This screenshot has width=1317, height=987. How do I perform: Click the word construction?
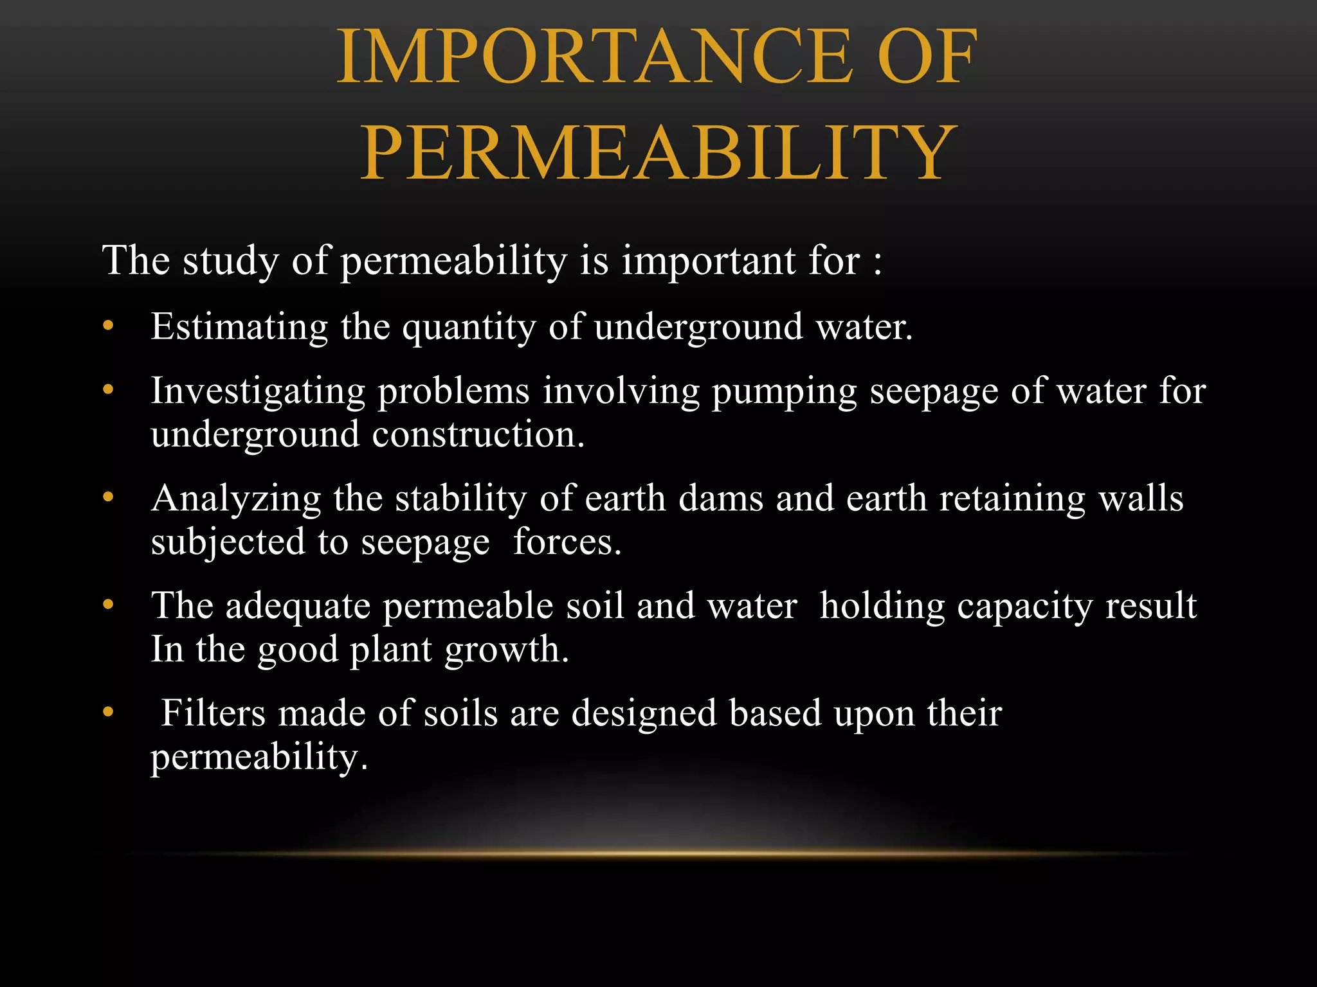[x=478, y=435]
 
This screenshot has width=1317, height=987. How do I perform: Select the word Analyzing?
[x=236, y=499]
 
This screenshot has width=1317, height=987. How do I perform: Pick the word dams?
[x=721, y=498]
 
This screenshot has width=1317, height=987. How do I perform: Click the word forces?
[x=567, y=542]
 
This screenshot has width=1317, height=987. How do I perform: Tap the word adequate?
[x=298, y=607]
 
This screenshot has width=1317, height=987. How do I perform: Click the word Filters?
[x=213, y=713]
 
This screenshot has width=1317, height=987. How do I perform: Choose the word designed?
[x=644, y=714]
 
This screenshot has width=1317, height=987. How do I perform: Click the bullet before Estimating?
[x=108, y=326]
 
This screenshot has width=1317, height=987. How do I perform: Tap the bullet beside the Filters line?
[x=108, y=712]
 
